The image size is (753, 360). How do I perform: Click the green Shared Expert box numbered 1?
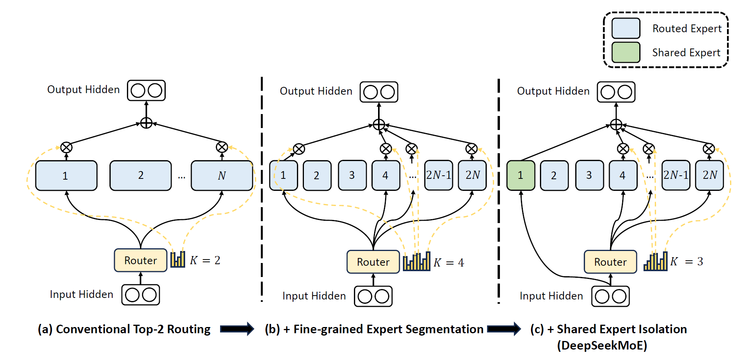pos(521,175)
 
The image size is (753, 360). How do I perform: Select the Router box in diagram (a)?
pos(141,260)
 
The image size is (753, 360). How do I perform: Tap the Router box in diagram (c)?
pos(610,262)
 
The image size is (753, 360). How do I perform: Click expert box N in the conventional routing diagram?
pos(222,176)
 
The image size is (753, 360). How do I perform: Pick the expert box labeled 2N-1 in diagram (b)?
pos(439,175)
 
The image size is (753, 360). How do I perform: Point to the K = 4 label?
pos(449,263)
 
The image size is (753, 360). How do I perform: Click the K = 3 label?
pos(687,261)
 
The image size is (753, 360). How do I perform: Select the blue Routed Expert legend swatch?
pos(626,28)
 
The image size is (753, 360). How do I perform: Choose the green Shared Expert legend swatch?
pos(626,52)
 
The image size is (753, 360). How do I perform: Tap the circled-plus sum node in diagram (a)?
pos(146,123)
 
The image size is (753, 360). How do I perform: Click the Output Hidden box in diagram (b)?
pos(379,92)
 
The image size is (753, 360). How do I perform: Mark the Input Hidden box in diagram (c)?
pos(610,296)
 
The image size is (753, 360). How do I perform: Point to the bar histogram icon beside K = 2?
pos(178,260)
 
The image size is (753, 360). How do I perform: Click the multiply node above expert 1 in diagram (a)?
pos(66,147)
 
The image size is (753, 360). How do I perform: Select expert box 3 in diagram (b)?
pos(352,175)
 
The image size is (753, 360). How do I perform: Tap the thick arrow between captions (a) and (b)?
pos(237,329)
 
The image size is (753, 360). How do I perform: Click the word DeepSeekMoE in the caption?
pos(602,345)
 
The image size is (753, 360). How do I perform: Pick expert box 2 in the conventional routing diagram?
pos(141,176)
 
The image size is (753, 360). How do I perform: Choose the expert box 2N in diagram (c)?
pos(709,175)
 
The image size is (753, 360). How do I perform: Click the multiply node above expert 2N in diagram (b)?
pos(472,149)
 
